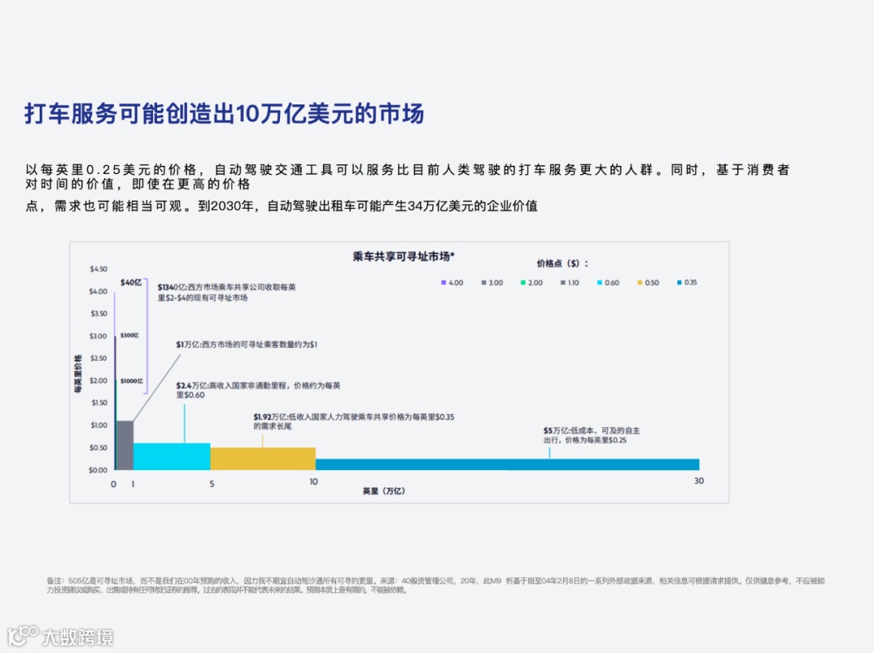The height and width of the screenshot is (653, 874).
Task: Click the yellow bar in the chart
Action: [x=262, y=458]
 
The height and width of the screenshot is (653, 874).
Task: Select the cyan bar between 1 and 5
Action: [x=172, y=456]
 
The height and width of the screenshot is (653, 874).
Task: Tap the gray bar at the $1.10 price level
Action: [x=125, y=445]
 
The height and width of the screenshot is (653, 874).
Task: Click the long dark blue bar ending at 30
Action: [x=507, y=464]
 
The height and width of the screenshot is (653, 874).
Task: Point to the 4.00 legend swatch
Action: [x=443, y=282]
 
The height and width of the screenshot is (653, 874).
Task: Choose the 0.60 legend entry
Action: [x=608, y=282]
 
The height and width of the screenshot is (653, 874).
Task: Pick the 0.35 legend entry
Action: [x=686, y=282]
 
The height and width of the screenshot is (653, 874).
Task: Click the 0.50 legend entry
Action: [x=647, y=282]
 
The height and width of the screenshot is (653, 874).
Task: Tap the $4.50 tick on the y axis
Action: [x=98, y=269]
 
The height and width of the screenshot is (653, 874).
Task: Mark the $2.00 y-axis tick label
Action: [x=98, y=380]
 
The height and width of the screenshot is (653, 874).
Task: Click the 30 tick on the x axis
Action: [x=698, y=481]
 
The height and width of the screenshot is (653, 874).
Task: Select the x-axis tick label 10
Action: [x=313, y=482]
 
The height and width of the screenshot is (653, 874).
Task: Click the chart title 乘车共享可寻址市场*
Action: [x=404, y=256]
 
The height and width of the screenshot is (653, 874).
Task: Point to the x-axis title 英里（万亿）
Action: [x=384, y=491]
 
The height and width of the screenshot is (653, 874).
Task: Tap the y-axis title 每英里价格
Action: [x=78, y=373]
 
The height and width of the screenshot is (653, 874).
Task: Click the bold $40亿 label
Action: [x=130, y=282]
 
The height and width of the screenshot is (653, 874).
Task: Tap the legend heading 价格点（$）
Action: [x=562, y=263]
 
